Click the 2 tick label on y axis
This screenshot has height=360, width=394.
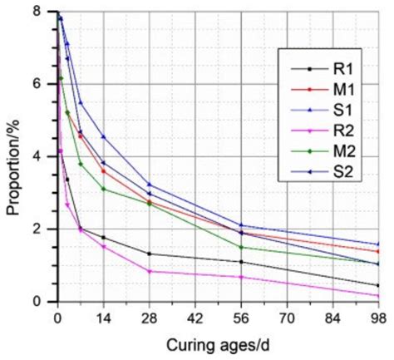pyautogui.click(x=37, y=229)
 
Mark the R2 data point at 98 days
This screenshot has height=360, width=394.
pyautogui.click(x=378, y=296)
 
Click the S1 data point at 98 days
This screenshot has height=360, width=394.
pyautogui.click(x=378, y=244)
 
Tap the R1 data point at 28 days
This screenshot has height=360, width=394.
pyautogui.click(x=149, y=254)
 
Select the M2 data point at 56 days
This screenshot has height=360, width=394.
pyautogui.click(x=241, y=247)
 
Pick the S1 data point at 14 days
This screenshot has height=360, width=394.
pyautogui.click(x=103, y=136)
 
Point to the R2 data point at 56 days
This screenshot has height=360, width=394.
pyautogui.click(x=241, y=277)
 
